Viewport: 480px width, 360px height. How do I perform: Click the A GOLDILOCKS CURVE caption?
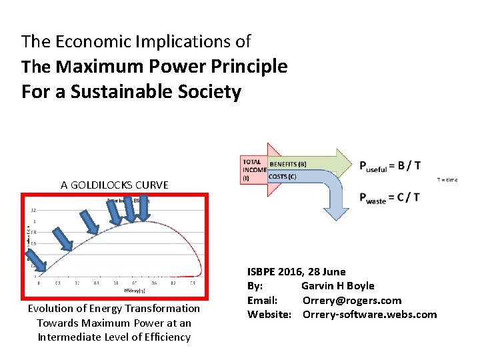115,185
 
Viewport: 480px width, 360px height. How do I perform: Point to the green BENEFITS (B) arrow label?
288,163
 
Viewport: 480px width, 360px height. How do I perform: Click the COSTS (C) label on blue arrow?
283,176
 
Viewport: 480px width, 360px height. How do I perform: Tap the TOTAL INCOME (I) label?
253,170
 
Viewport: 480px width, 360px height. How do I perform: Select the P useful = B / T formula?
389,167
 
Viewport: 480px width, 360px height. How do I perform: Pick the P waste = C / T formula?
389,198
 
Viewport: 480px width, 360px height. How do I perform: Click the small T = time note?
447,180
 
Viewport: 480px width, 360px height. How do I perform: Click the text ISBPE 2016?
275,271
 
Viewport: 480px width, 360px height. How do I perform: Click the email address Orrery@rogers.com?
351,300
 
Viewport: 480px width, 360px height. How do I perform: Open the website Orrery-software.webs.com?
369,315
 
